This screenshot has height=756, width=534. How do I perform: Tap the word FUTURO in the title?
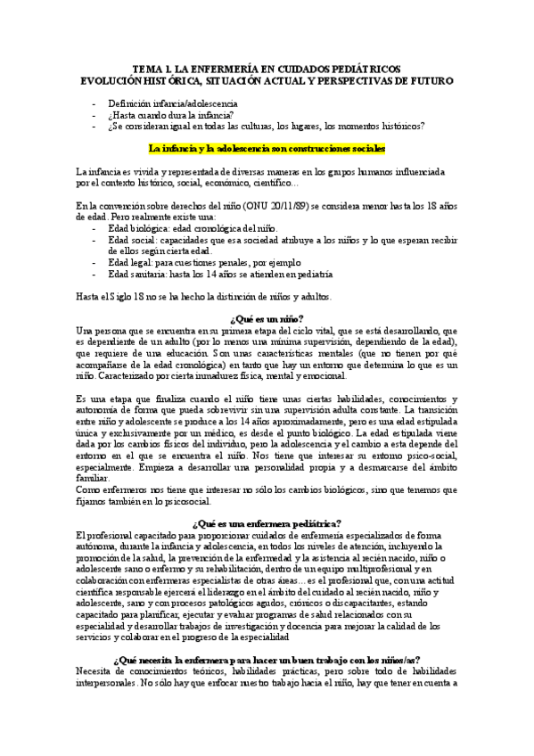point(429,79)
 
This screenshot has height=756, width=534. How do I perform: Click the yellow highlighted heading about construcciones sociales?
point(267,148)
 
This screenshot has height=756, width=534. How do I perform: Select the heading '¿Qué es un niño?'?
point(267,318)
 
